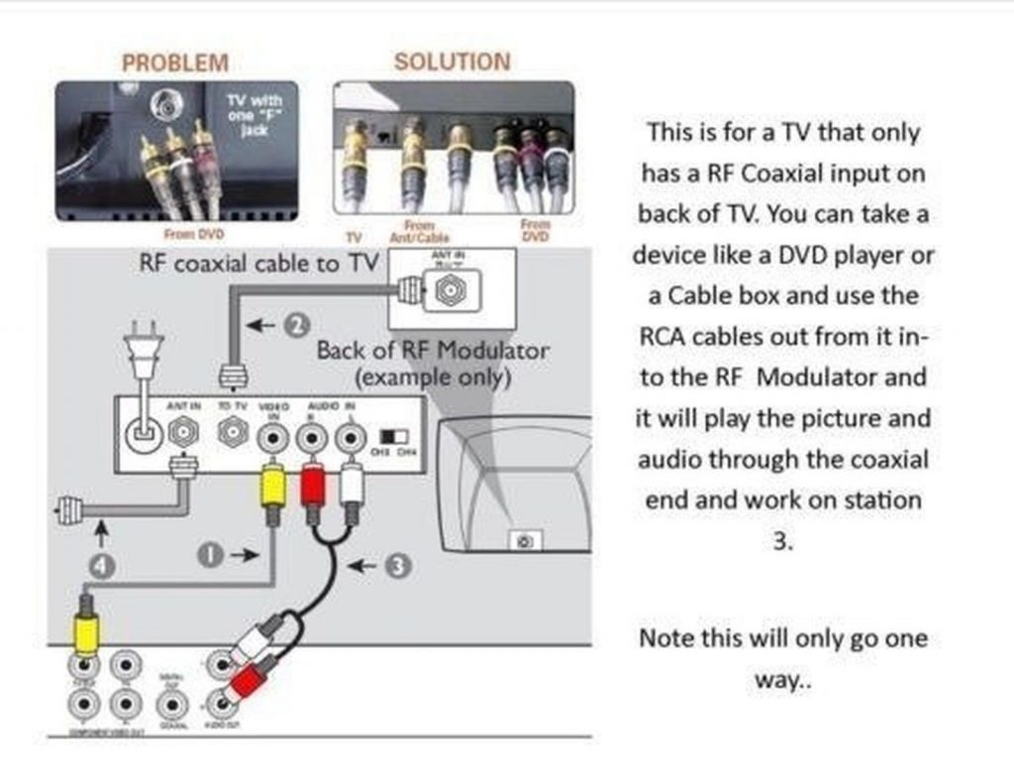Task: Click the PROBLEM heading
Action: (x=174, y=62)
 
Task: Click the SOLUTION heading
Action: (x=452, y=61)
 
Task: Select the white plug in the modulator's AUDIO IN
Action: (x=350, y=485)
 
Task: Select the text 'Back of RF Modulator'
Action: (x=432, y=351)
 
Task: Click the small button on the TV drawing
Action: (x=525, y=541)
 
